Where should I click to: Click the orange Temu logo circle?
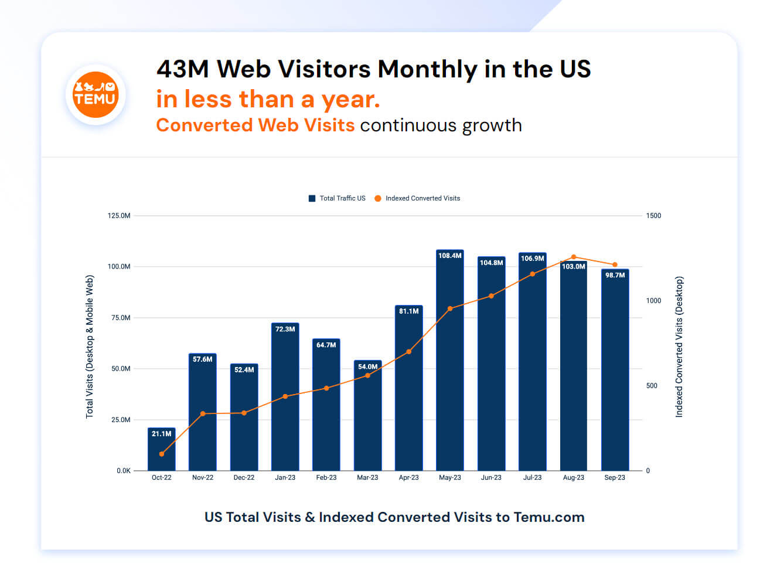coord(95,94)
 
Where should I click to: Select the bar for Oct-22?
coord(161,449)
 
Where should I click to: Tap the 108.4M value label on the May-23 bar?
coord(449,255)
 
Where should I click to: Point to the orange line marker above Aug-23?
coord(574,257)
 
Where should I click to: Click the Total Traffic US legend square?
coord(312,198)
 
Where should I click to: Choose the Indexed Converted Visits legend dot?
coord(378,198)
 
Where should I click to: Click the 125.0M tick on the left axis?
coord(119,216)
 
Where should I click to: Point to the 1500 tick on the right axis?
coord(653,216)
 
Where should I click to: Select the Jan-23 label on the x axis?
coord(285,477)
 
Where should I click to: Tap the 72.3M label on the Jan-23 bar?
coord(285,329)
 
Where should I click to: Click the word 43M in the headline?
coord(183,69)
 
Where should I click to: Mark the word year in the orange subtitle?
coord(351,100)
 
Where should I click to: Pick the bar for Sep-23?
coord(615,370)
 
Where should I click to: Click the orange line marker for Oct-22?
coord(161,454)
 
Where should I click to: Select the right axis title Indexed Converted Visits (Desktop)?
coord(679,347)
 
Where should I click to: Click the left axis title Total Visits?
coord(89,396)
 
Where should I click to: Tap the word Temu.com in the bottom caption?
coord(548,517)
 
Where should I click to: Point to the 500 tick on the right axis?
coord(652,386)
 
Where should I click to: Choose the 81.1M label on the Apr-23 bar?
coord(408,311)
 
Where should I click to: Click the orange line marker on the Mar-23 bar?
coord(367,375)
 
